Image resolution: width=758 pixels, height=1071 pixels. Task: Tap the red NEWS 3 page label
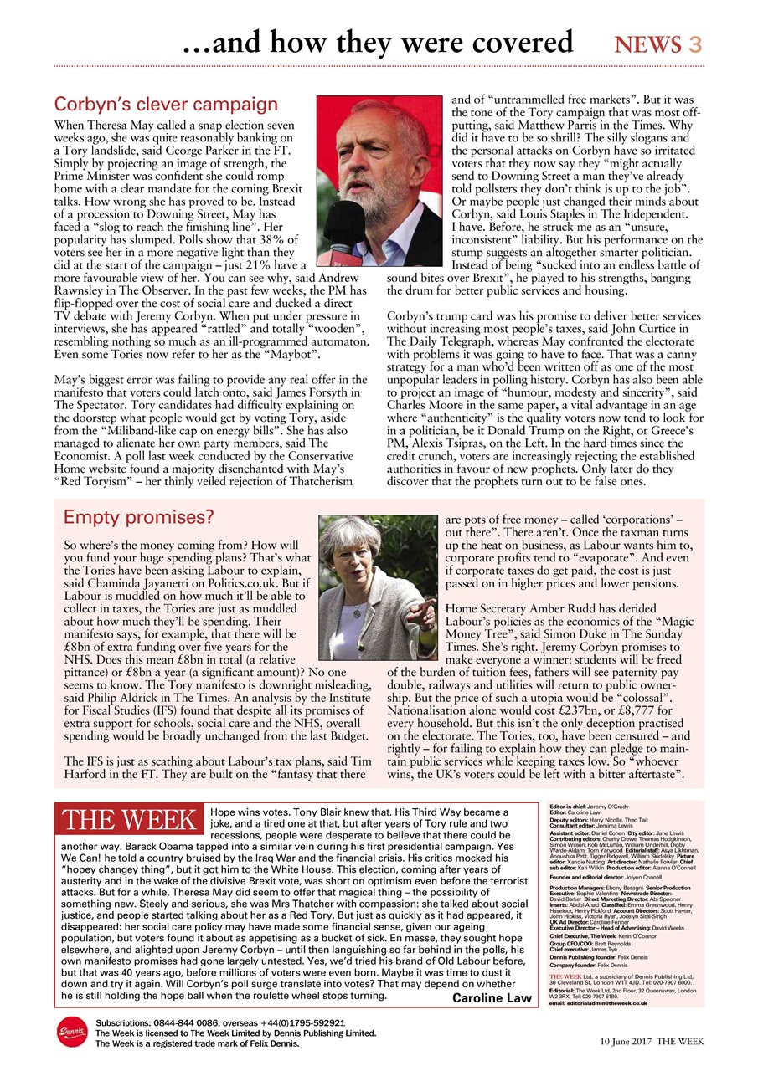(x=657, y=44)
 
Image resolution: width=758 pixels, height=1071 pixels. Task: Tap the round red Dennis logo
(x=71, y=1033)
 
